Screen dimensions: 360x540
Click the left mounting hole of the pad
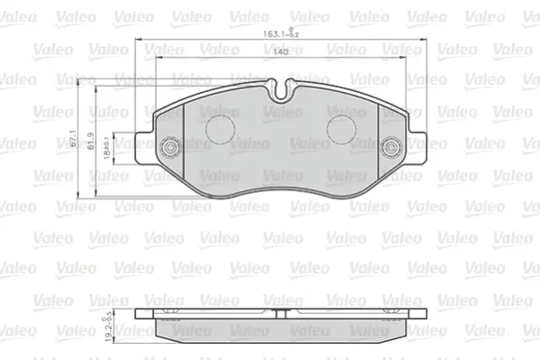[x=169, y=148]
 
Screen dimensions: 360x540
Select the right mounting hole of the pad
[x=390, y=149]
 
